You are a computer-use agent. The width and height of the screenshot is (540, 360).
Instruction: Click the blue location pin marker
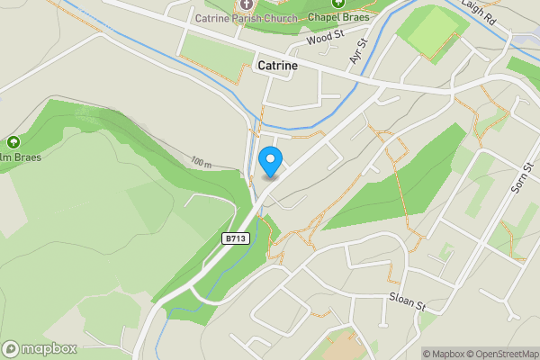271,161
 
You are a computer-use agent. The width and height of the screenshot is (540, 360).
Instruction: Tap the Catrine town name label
278,66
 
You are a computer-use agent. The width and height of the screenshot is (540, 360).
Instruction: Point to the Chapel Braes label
339,17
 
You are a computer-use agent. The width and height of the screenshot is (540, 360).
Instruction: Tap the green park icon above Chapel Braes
339,4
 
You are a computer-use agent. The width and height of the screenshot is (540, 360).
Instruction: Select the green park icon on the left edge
13,141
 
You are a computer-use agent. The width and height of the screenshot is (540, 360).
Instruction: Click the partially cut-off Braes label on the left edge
20,157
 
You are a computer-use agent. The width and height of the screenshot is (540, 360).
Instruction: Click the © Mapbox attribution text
444,354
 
